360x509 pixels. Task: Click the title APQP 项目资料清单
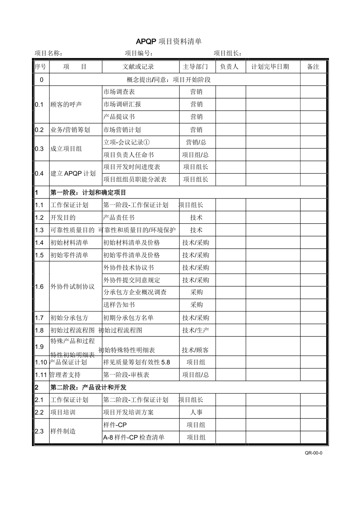point(169,41)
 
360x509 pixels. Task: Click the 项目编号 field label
point(139,53)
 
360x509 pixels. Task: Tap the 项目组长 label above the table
point(228,53)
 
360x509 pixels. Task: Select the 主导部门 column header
point(195,67)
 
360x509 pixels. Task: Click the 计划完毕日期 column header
point(270,67)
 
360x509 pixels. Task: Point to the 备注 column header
point(313,67)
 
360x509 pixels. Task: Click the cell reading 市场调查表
point(119,92)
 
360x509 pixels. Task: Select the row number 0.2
point(39,130)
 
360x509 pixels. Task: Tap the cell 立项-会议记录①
point(127,142)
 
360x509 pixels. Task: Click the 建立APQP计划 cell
point(73,173)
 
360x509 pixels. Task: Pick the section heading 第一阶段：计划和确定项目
point(88,193)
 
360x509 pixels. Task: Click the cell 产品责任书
point(119,218)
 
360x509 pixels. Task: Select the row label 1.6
point(39,287)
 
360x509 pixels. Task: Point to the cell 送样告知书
point(119,305)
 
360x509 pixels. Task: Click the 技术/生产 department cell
point(196,330)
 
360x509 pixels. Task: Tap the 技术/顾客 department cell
point(195,350)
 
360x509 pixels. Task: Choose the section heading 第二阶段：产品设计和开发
point(88,387)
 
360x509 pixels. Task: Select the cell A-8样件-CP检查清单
point(134,437)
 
